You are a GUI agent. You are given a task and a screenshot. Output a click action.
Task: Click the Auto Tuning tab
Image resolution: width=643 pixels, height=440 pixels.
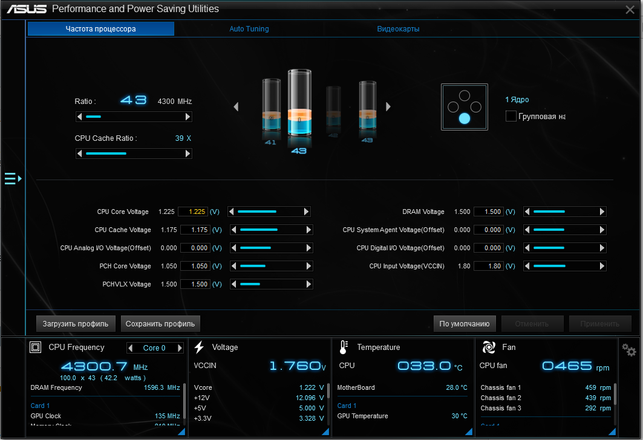coord(249,29)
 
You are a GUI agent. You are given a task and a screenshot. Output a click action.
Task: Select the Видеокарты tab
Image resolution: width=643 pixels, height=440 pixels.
coord(398,29)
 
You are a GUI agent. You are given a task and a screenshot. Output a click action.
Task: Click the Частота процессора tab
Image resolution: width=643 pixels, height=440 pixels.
coord(100,29)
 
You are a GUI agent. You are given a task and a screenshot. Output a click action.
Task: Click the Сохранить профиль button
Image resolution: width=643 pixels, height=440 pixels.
coord(160,324)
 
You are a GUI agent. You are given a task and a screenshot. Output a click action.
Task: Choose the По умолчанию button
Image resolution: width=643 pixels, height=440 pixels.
coord(465,324)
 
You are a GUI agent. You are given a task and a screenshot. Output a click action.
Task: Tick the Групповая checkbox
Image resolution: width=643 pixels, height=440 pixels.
coord(511,116)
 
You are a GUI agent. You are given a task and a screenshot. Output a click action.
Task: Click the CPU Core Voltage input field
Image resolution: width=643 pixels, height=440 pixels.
coord(193,212)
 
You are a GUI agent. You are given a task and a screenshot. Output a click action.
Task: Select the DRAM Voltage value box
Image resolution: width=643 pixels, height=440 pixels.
coord(489,212)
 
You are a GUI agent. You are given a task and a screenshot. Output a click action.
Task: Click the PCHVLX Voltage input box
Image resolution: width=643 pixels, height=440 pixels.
coord(193,284)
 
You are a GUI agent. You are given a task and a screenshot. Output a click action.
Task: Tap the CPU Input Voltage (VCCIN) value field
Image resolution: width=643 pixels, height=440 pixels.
coord(489,266)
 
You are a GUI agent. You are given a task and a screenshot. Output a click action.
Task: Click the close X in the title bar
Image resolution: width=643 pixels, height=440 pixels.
coord(630,9)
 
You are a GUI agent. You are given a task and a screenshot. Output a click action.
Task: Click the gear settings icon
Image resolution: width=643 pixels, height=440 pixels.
coord(629,350)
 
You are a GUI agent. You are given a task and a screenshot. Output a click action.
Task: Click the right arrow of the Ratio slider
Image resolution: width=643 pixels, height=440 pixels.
coord(188,117)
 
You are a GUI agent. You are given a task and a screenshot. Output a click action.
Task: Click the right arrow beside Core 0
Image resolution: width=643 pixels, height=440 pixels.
coord(179,348)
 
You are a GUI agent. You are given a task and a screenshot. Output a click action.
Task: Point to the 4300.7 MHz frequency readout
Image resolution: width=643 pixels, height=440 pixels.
coord(94,366)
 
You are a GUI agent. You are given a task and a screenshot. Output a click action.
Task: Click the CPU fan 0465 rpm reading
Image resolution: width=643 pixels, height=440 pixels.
coord(567,366)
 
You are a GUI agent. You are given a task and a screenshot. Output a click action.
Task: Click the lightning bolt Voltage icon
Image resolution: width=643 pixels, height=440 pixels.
coord(199,347)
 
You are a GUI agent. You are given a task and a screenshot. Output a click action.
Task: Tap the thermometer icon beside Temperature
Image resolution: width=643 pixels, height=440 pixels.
coord(344,347)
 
